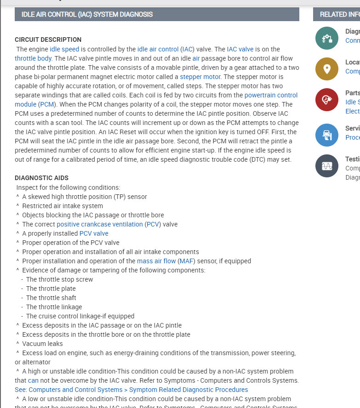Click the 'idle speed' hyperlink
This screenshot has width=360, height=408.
65,49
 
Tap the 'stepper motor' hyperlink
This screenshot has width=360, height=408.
200,77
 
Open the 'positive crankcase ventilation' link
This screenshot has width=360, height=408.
100,224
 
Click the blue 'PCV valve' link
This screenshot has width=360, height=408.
94,233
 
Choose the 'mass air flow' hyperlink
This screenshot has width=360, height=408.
156,261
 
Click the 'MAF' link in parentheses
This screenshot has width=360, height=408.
186,261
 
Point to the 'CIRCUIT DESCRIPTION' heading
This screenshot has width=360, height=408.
48,40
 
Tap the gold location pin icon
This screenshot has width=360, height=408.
327,69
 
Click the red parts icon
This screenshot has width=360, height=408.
327,100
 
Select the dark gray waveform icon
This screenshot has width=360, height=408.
327,166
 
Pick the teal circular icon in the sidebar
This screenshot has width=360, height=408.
327,38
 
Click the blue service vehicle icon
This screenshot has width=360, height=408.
327,135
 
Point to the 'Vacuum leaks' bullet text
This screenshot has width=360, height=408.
42,344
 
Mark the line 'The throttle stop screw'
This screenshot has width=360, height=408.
59,279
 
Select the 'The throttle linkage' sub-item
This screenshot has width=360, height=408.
54,307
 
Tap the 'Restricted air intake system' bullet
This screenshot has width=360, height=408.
63,206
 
